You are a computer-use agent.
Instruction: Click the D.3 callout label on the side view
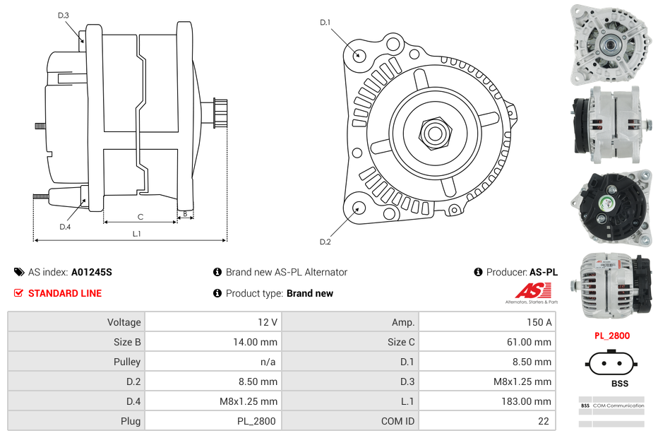(x=64, y=15)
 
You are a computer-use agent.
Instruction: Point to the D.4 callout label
(x=65, y=227)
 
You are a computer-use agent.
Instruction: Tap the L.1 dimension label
(x=137, y=233)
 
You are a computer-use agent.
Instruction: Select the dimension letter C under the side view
(x=140, y=217)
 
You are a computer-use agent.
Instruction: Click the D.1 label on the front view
(x=325, y=23)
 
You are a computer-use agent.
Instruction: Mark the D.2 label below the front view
(x=325, y=242)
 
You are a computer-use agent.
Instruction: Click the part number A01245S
(x=92, y=272)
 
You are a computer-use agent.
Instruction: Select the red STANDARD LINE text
(x=65, y=293)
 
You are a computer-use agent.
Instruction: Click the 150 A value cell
(x=539, y=322)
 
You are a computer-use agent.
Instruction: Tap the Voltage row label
(x=124, y=322)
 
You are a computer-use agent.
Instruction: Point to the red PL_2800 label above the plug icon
(x=611, y=336)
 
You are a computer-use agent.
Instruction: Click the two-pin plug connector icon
(x=611, y=365)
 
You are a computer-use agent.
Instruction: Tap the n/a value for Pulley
(x=268, y=362)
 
